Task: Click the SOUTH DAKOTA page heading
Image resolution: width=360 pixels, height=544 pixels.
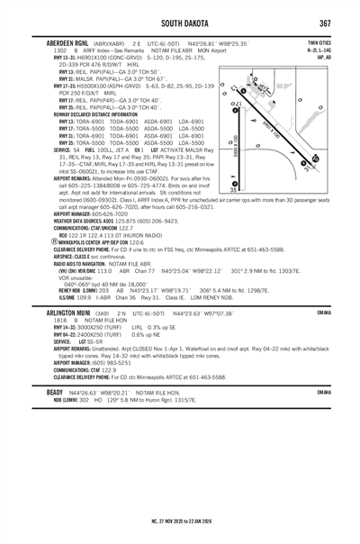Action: click(x=179, y=22)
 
